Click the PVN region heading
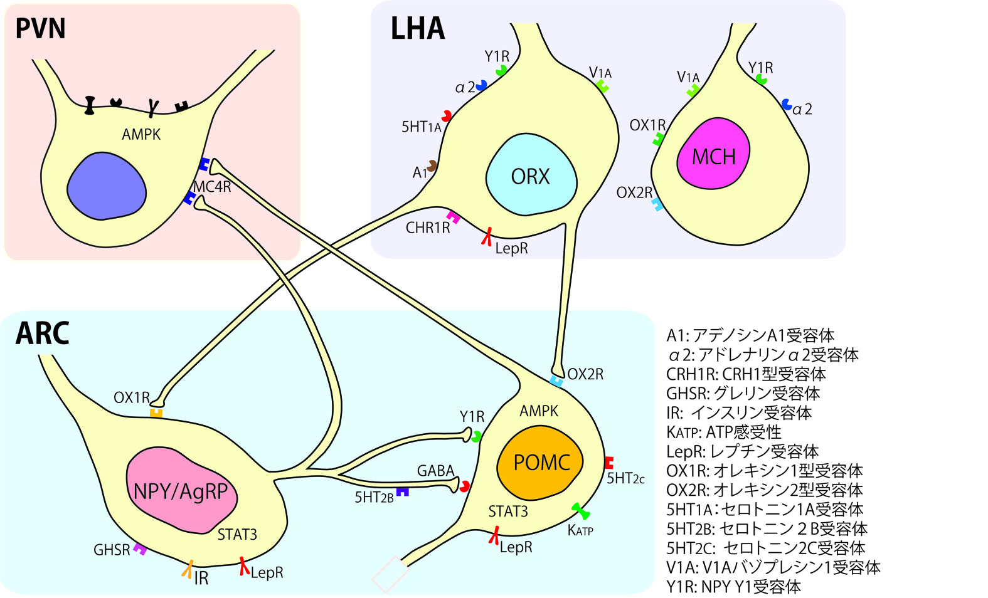click(x=40, y=29)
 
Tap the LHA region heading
click(x=418, y=29)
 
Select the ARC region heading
click(x=42, y=333)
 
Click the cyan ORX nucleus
click(x=531, y=176)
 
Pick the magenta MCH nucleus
click(x=713, y=156)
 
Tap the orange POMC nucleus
click(x=541, y=463)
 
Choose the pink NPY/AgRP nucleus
click(x=181, y=490)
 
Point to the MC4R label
click(x=212, y=186)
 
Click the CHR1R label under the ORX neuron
click(x=428, y=228)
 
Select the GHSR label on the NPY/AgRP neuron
click(x=112, y=550)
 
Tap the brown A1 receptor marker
click(x=432, y=165)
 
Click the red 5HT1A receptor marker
click(x=447, y=115)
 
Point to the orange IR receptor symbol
click(x=187, y=569)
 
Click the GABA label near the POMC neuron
click(x=435, y=471)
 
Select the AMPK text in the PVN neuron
click(x=141, y=134)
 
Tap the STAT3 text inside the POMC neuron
click(x=508, y=511)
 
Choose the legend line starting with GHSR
click(x=743, y=394)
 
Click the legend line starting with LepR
click(x=743, y=451)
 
